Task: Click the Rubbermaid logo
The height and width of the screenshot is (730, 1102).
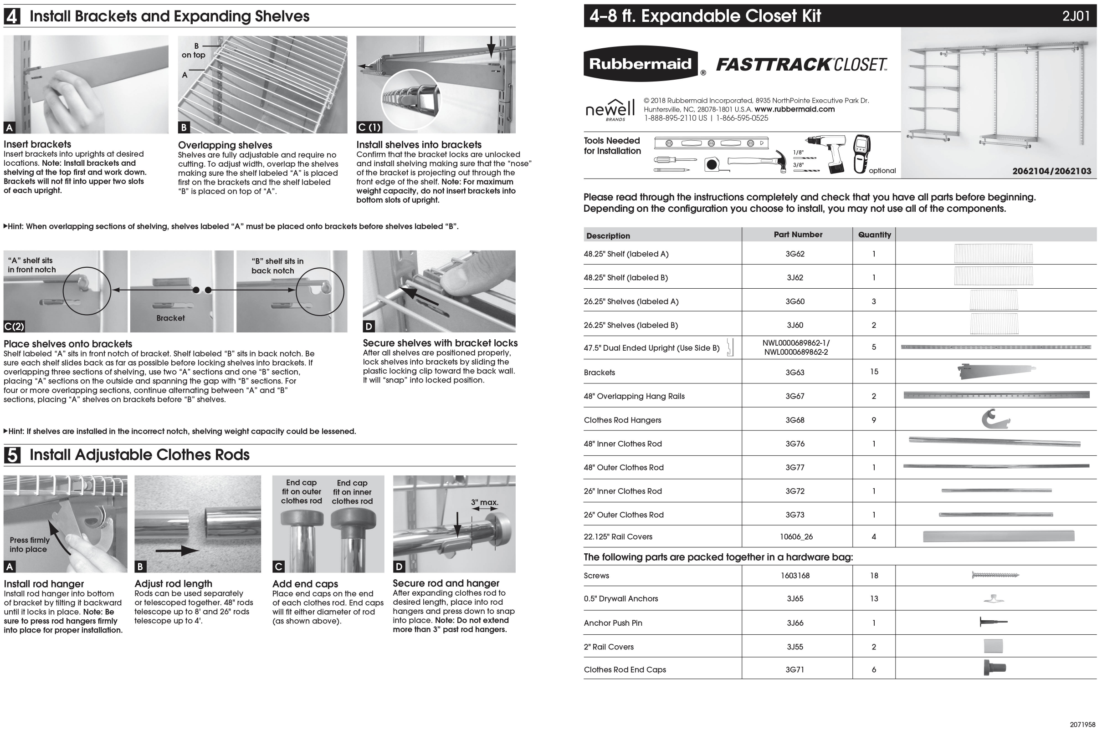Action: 641,64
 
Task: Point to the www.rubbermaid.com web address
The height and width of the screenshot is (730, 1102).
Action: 794,109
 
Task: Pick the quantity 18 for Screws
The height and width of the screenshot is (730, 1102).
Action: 874,576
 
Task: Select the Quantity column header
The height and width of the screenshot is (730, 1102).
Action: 874,235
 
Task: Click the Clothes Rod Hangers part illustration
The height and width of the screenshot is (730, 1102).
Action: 995,419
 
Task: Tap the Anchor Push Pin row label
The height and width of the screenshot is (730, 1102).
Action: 613,623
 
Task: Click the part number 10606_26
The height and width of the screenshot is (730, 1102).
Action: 796,537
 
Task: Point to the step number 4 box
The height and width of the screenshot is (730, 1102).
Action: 12,16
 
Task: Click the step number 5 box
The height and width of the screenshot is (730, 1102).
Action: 12,455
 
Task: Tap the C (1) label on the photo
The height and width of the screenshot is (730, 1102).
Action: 369,127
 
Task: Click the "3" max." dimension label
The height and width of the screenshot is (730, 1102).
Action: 484,502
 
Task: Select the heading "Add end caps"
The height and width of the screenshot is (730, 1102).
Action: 305,584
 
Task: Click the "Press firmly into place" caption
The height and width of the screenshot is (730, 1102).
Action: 29,545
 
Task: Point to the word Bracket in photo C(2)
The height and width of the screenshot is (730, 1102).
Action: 170,318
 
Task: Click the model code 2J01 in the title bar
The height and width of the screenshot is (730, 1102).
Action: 1076,16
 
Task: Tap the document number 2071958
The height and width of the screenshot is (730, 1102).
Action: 1082,725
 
